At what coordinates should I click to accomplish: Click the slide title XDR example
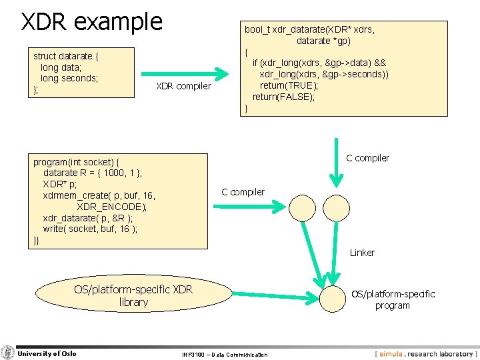92,22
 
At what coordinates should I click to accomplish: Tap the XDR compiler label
183,86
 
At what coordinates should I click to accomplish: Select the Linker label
362,253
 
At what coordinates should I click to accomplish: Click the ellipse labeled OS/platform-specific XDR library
133,295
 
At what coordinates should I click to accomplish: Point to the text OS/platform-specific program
393,299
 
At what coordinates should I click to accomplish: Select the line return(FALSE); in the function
283,97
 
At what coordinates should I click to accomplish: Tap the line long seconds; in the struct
69,78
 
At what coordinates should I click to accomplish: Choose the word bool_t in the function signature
257,29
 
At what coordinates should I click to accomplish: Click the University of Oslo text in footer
47,353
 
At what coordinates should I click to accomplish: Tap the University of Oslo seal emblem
8,353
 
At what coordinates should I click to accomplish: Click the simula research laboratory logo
425,354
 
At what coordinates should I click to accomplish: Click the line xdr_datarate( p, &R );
87,218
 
